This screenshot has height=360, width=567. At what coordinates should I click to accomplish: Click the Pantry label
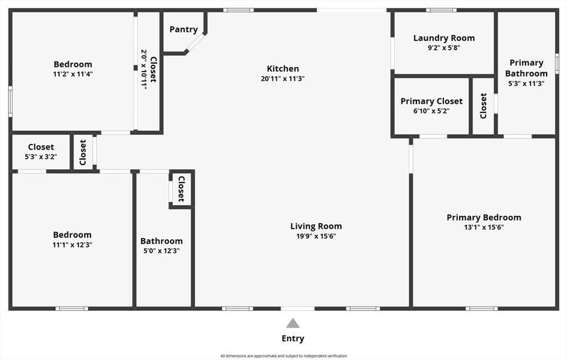click(184, 29)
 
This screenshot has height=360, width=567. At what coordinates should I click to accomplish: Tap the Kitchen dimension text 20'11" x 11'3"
click(283, 79)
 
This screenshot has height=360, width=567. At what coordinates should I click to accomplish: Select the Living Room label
click(316, 226)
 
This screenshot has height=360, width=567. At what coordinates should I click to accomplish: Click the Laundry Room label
click(444, 38)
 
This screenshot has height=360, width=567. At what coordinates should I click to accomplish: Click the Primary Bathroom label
click(526, 68)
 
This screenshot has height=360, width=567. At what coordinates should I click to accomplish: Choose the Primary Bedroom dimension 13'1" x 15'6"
click(484, 227)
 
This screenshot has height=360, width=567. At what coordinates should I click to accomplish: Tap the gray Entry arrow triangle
click(293, 323)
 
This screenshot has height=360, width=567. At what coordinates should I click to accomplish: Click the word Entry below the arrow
click(293, 338)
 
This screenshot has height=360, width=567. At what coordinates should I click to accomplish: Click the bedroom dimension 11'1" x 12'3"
click(72, 245)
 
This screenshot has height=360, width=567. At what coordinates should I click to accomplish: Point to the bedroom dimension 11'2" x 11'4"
click(73, 74)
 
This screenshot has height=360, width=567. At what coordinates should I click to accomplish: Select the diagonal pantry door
click(196, 43)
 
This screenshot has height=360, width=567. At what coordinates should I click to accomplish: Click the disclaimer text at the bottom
click(283, 356)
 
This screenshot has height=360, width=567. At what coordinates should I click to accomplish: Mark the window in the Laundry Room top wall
click(442, 10)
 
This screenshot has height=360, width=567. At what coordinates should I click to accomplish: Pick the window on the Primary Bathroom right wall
click(557, 63)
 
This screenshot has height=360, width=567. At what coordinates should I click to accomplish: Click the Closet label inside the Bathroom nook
click(181, 190)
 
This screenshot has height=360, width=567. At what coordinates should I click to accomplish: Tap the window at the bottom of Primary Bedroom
click(481, 308)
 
